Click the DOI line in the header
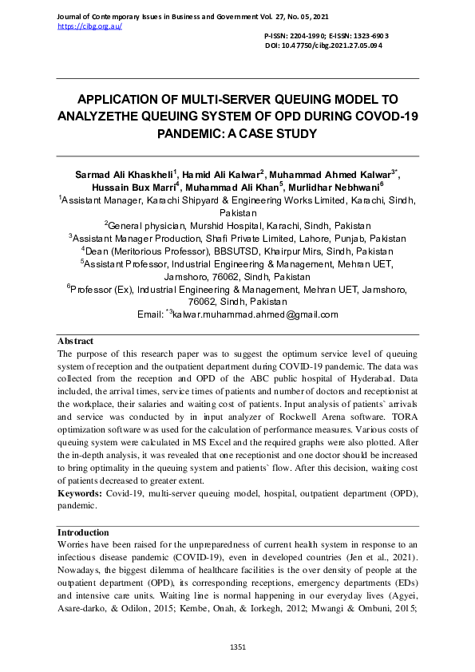323,46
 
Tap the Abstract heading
76,341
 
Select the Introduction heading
83,532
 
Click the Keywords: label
79,495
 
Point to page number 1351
238,646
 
